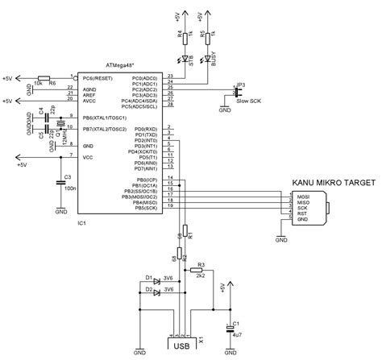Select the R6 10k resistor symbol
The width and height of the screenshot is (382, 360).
coord(42,77)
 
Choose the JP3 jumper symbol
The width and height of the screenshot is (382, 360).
coord(233,86)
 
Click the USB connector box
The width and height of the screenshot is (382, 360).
coord(182,346)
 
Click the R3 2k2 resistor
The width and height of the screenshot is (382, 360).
coord(201,270)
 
